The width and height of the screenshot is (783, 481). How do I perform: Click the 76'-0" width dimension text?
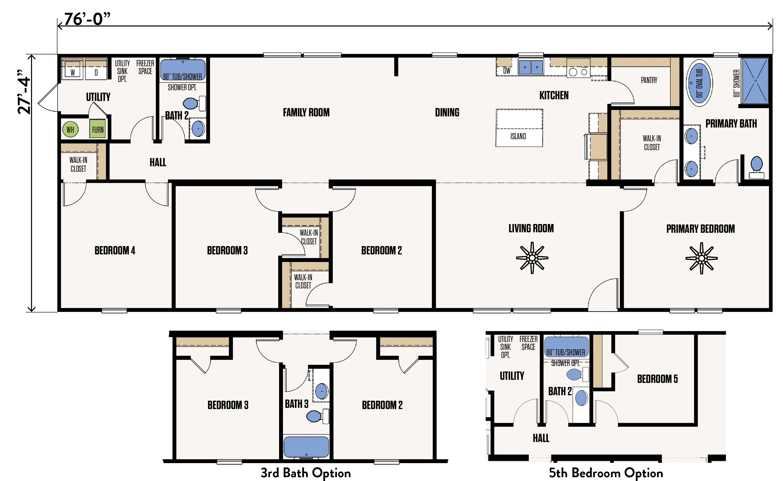87,19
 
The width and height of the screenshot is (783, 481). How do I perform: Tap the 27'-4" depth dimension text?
24,92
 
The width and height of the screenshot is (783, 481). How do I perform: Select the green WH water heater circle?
70,129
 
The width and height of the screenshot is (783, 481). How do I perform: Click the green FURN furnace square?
98,129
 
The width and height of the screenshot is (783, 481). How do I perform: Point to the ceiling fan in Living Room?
532,258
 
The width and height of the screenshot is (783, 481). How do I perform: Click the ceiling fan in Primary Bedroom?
701,258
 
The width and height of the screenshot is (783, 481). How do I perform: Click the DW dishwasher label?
507,71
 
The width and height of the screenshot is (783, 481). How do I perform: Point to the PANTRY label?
649,80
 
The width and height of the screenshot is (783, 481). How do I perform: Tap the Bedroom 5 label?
657,379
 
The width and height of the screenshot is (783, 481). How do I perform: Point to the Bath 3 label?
297,404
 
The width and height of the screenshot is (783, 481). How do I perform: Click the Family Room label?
306,112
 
